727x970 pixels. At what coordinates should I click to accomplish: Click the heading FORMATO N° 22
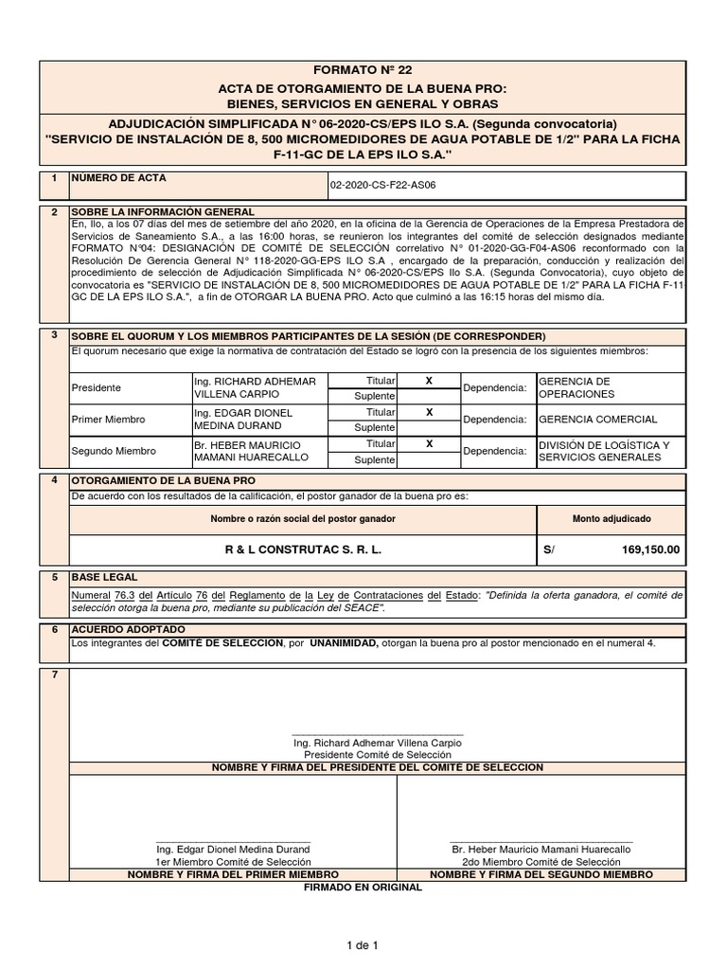click(x=363, y=69)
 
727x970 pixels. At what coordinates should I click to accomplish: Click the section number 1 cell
click(x=54, y=178)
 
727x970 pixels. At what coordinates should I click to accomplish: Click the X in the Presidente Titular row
click(x=429, y=380)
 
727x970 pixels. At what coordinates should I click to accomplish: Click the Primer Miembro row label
click(x=102, y=420)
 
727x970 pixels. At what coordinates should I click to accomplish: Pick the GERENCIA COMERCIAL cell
click(x=597, y=420)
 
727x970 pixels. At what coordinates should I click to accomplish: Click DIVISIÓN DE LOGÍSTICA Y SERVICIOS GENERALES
click(x=604, y=452)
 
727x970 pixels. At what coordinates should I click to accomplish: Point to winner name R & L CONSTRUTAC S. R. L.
click(x=304, y=549)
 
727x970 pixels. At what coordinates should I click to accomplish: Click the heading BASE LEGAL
click(x=105, y=577)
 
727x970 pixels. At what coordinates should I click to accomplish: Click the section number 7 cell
click(x=54, y=674)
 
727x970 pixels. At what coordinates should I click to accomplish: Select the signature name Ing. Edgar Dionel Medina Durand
click(x=233, y=850)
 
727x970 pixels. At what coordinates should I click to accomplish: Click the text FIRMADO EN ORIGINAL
click(x=363, y=887)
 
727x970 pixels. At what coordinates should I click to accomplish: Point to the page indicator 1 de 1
click(x=363, y=944)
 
